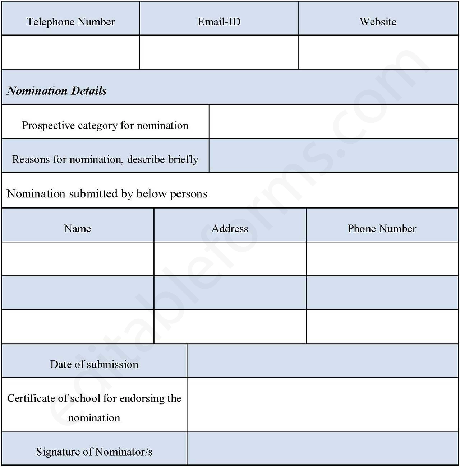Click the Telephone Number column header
71,22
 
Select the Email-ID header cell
219,22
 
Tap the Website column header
378,22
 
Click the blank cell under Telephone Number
71,52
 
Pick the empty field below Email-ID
219,52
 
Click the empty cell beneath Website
378,52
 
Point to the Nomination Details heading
57,90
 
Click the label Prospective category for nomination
105,125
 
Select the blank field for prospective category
333,122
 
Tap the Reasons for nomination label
105,159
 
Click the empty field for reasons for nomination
333,155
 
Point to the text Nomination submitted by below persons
107,194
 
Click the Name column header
78,229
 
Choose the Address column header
230,229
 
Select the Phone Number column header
382,229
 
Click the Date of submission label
94,364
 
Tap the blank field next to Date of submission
322,361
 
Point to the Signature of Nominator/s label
94,452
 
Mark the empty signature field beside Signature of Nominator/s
322,448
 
